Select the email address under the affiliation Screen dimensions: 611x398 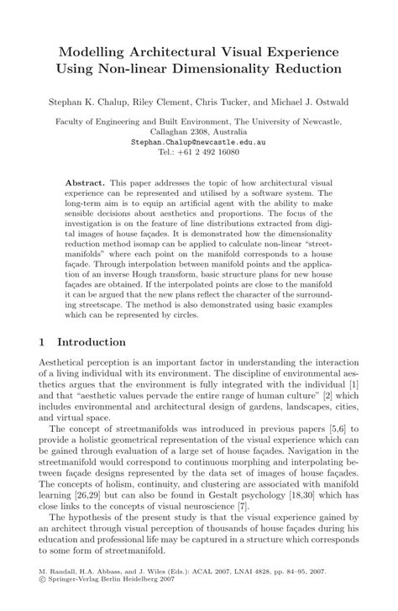(198, 142)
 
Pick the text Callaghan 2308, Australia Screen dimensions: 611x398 (198, 132)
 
